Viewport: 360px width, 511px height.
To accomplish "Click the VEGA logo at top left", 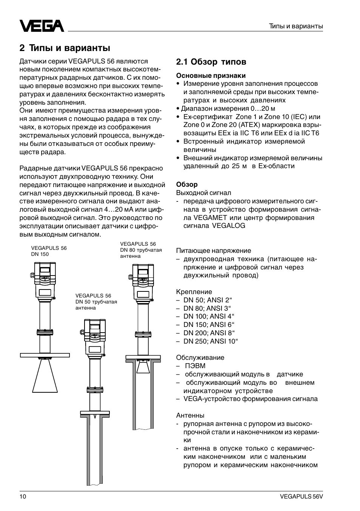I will [42, 26].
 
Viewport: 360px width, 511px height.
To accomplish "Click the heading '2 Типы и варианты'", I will [65, 48].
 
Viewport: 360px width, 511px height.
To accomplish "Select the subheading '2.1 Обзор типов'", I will [211, 62].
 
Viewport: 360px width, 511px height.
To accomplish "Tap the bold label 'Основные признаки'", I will [211, 76].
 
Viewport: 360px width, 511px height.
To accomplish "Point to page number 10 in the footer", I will [23, 497].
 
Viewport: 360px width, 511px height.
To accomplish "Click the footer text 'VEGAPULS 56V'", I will [302, 497].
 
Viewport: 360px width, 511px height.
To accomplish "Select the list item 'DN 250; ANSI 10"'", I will [211, 341].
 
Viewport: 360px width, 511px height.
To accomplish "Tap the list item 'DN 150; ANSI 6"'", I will [209, 325].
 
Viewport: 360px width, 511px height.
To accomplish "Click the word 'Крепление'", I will [194, 292].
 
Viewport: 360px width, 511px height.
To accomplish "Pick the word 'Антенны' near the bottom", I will [190, 415].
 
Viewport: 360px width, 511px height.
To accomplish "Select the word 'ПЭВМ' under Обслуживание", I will [195, 366].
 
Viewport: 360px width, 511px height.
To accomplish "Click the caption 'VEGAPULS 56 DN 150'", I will [49, 251].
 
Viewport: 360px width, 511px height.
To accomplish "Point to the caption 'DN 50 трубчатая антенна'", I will [96, 305].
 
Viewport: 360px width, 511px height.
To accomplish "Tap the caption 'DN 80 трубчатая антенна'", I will [141, 253].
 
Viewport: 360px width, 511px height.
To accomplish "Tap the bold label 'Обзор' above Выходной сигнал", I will [187, 184].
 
